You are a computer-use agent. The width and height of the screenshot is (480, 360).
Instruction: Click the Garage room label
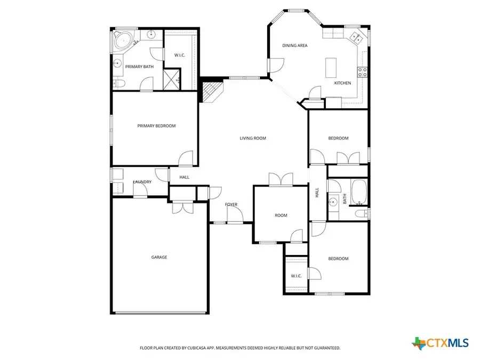(159, 257)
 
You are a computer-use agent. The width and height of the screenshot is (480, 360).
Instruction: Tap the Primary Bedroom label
(156, 126)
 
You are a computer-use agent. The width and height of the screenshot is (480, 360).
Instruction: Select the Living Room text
(252, 138)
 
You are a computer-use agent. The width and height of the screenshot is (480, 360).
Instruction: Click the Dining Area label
(295, 46)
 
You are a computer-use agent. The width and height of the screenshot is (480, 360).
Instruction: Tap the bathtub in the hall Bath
(358, 193)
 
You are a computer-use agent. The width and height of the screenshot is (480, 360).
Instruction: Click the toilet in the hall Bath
(362, 213)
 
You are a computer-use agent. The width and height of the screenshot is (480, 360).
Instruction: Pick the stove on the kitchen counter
(362, 72)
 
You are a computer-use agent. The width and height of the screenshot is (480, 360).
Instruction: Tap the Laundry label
(142, 182)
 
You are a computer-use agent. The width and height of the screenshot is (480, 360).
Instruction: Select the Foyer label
(231, 204)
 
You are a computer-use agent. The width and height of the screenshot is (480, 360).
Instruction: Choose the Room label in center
(281, 215)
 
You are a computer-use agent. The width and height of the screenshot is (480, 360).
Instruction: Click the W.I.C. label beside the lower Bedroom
(296, 276)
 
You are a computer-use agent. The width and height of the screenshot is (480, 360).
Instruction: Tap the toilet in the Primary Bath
(119, 84)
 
